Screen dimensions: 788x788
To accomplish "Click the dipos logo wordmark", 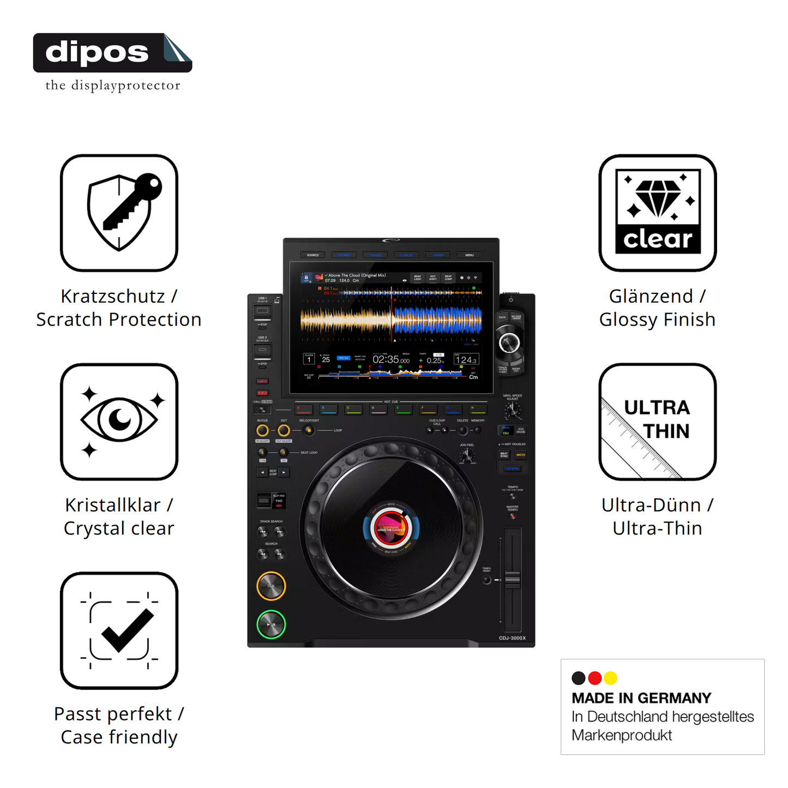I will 97,53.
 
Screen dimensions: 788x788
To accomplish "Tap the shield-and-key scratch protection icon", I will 119,213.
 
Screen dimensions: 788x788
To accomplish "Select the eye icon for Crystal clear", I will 119,422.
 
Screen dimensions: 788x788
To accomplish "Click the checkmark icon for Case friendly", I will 119,630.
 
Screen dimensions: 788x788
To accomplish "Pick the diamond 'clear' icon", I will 658,213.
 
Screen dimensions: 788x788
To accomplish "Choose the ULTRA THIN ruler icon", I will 658,422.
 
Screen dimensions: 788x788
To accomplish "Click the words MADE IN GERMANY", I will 641,698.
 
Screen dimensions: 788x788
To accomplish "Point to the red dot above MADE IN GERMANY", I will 595,678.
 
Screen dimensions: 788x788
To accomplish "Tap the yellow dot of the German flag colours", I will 611,678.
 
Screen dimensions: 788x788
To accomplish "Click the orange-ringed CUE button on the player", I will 271,586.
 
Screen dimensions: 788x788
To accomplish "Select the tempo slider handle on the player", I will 513,579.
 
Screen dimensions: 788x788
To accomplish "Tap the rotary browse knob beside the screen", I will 509,343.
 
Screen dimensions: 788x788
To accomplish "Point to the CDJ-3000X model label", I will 512,638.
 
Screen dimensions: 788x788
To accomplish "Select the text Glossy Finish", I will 657,320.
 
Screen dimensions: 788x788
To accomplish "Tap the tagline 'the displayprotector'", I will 113,86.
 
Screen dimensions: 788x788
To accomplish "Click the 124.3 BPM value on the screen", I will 466,360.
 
